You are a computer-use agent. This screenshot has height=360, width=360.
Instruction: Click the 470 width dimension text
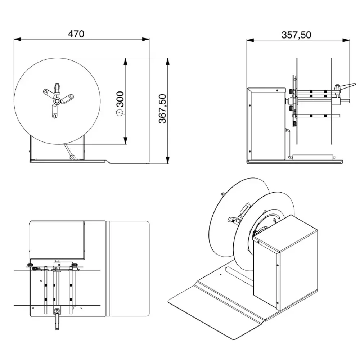[76, 34]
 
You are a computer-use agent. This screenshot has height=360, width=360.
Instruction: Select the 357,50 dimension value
[296, 35]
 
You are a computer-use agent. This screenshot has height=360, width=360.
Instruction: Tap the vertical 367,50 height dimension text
[163, 109]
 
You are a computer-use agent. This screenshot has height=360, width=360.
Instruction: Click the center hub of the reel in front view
[57, 102]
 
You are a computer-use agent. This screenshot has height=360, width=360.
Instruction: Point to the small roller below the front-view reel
[72, 157]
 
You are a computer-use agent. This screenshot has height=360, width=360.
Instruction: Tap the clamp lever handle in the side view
[347, 86]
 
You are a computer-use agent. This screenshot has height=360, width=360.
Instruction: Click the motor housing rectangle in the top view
[57, 240]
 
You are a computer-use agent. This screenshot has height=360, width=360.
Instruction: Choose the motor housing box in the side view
[265, 124]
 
